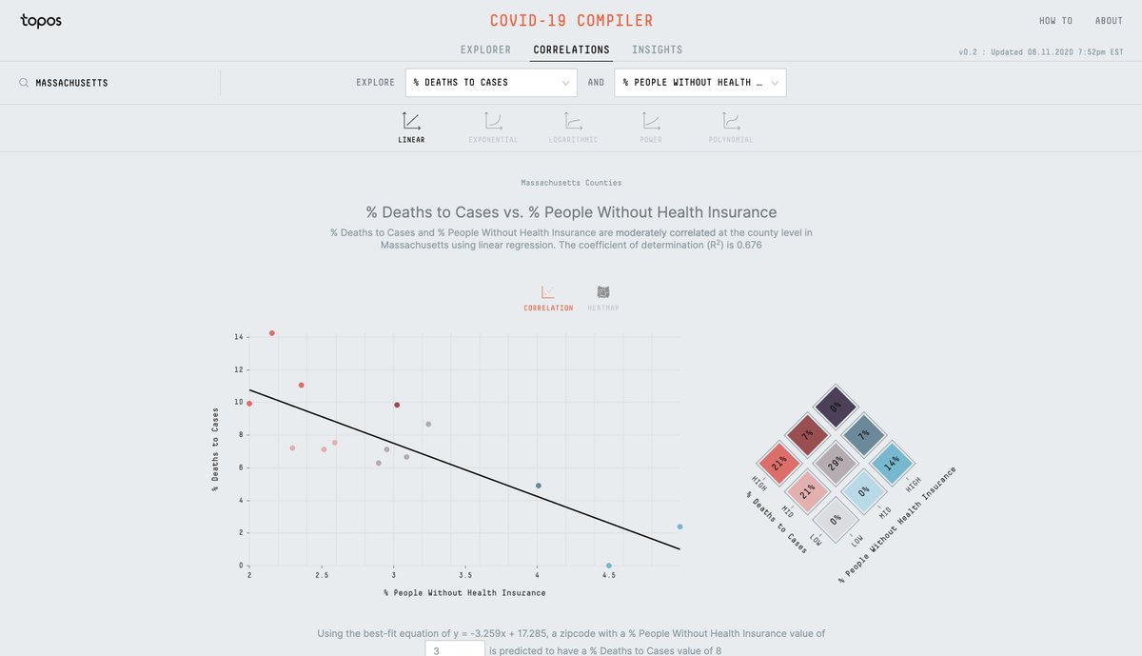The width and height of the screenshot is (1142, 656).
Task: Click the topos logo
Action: coord(41,21)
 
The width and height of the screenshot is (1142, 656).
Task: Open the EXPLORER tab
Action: coord(485,50)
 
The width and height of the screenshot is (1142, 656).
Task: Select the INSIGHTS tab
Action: coord(657,50)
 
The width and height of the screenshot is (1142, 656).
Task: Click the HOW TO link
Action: coord(1054,21)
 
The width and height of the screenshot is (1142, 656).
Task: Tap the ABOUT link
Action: coord(1109,21)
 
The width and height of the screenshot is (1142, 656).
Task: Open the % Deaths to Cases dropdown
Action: coord(491,83)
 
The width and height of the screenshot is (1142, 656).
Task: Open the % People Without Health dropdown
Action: coord(699,83)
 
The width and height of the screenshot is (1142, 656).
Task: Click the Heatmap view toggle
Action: coord(602,297)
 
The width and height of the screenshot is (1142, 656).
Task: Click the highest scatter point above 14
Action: coord(272,333)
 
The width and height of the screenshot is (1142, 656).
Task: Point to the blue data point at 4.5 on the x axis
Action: coord(609,566)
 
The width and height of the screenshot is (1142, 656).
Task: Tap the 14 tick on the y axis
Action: coord(237,337)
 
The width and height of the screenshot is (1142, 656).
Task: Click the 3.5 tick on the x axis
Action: coord(464,576)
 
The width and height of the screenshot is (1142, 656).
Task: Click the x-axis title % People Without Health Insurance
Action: coord(464,593)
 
